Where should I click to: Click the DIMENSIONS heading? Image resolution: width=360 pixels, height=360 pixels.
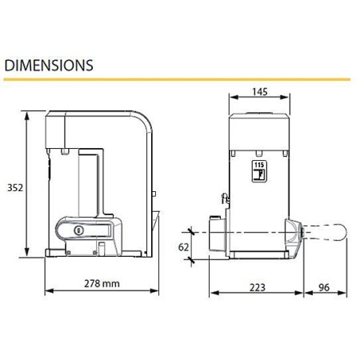(49, 66)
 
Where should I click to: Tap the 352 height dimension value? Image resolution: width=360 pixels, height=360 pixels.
(15, 188)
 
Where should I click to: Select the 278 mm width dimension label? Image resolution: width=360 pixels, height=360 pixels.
(102, 283)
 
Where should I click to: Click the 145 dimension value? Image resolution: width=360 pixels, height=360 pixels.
(260, 92)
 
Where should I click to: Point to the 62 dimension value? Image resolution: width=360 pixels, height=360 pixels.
(183, 247)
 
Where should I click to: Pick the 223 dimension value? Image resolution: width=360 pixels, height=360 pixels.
(258, 288)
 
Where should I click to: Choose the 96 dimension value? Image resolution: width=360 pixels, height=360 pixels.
(324, 287)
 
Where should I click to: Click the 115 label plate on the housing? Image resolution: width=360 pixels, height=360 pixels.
(259, 171)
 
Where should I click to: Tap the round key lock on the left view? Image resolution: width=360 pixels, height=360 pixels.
(78, 230)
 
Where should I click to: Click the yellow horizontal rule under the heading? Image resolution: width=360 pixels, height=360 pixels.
(177, 79)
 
